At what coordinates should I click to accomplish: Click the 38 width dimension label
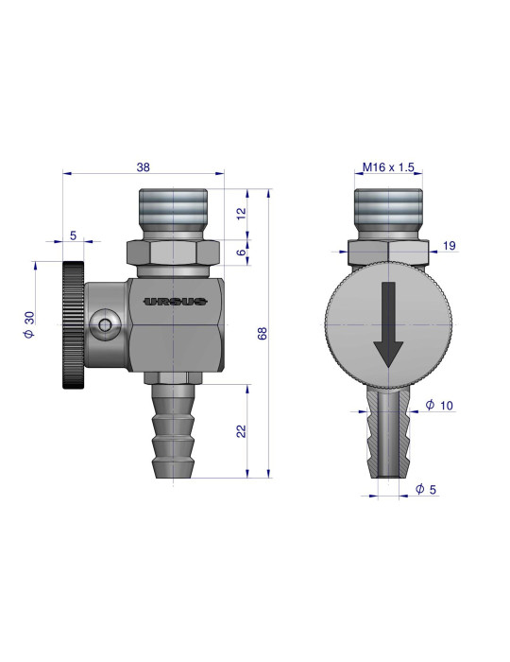[x=144, y=166]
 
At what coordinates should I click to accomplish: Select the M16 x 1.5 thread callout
[x=389, y=167]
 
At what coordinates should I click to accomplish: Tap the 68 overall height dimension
[x=262, y=333]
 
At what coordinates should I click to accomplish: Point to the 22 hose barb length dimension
[x=242, y=430]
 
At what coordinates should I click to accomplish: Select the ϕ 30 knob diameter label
[x=29, y=323]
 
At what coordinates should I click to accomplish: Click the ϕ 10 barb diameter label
[x=440, y=406]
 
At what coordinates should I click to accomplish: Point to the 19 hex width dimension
[x=449, y=246]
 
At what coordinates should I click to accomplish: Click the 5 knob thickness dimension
[x=74, y=235]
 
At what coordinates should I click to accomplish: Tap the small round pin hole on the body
[x=104, y=325]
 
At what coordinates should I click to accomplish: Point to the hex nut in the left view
[x=174, y=253]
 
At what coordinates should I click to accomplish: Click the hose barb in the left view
[x=175, y=430]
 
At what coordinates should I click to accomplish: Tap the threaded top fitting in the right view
[x=388, y=213]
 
